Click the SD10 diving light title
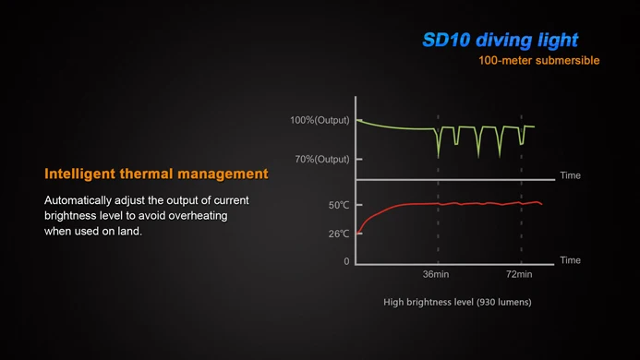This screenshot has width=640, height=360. pyautogui.click(x=500, y=40)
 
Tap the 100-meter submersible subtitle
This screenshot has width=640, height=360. pyautogui.click(x=539, y=61)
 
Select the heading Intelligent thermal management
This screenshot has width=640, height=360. pyautogui.click(x=156, y=174)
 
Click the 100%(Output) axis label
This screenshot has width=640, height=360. pyautogui.click(x=320, y=121)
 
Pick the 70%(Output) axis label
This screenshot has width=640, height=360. pyautogui.click(x=322, y=159)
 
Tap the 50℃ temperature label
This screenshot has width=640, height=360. pyautogui.click(x=339, y=205)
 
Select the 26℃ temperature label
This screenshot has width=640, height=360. pyautogui.click(x=339, y=234)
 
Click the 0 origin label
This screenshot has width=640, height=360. pyautogui.click(x=347, y=261)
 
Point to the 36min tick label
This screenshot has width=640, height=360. pyautogui.click(x=436, y=274)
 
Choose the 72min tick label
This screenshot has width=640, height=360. pyautogui.click(x=519, y=274)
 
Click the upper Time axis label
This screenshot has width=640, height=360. pyautogui.click(x=570, y=175)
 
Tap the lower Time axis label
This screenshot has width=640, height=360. pyautogui.click(x=570, y=260)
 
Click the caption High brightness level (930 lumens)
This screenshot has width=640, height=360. pyautogui.click(x=457, y=302)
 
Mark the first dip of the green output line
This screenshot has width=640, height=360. pyautogui.click(x=439, y=155)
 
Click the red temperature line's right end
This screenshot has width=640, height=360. pyautogui.click(x=542, y=203)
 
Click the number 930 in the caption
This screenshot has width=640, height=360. pyautogui.click(x=488, y=302)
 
